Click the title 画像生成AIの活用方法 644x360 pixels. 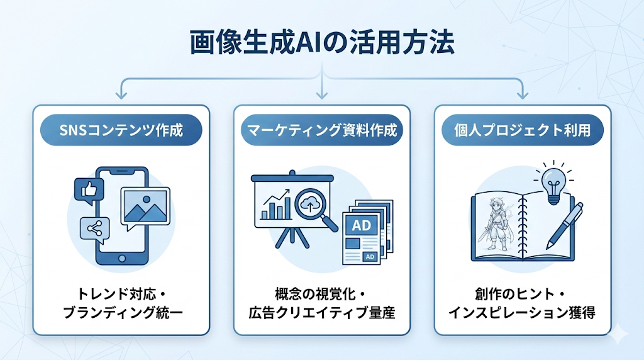321,43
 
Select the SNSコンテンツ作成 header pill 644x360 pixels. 121,131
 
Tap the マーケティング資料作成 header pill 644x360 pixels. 321,131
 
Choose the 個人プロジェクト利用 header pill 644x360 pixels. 523,131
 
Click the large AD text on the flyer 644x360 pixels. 362,225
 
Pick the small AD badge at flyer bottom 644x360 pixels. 370,256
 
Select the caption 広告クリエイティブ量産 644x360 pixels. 321,312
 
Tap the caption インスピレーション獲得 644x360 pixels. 522,312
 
